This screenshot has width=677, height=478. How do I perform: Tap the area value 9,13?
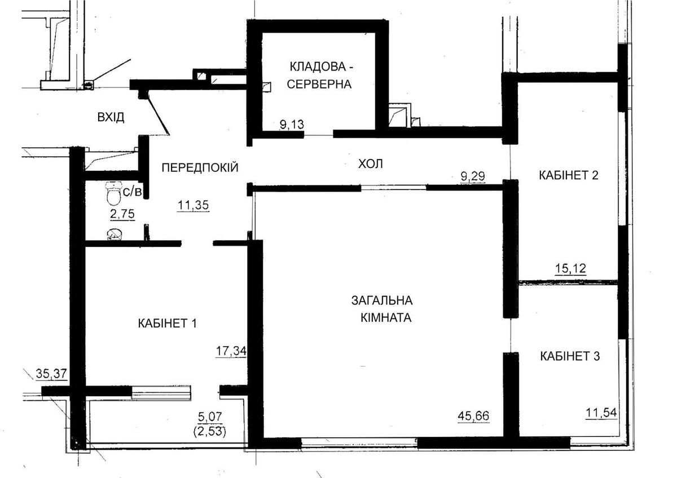[x=291, y=125]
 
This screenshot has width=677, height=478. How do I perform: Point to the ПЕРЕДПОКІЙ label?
[x=200, y=167]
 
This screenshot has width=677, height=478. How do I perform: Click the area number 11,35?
[x=193, y=205]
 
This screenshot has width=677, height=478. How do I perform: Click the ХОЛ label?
[x=371, y=164]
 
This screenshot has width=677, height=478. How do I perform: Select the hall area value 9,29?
[x=473, y=177]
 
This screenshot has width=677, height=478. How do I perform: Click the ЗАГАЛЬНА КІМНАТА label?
[x=382, y=308]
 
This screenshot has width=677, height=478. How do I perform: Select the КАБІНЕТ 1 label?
[x=166, y=324]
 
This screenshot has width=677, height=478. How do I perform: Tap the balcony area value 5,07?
[x=210, y=417]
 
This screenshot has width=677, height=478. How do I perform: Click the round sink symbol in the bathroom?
[x=113, y=234]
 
